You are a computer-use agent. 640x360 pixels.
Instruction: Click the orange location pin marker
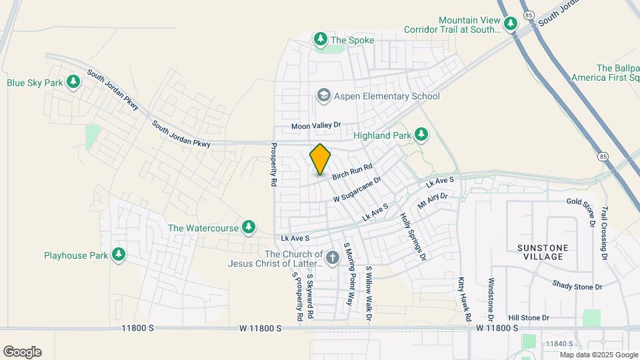(320, 159)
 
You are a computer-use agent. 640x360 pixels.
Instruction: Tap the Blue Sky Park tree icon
(73, 83)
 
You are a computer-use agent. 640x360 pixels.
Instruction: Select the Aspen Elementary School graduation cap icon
(324, 96)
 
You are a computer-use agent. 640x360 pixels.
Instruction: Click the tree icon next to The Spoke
(321, 40)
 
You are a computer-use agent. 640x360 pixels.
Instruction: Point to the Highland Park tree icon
(421, 135)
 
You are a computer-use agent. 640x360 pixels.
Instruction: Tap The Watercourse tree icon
(249, 227)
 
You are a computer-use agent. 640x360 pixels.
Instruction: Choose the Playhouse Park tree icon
(119, 255)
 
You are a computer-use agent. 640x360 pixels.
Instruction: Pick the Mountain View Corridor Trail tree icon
(511, 24)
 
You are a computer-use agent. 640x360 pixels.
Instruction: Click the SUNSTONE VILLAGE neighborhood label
(543, 253)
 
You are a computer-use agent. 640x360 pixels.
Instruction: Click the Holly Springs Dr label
(412, 235)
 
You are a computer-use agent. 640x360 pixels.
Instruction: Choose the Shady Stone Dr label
(577, 286)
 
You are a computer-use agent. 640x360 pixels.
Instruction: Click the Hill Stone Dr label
(528, 318)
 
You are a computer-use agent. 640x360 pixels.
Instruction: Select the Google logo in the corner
(22, 352)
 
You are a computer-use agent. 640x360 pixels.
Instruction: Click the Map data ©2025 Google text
(598, 355)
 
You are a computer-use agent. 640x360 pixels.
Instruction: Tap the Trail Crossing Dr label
(605, 233)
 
